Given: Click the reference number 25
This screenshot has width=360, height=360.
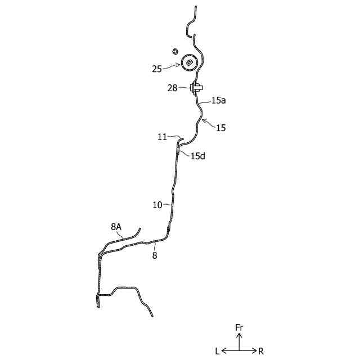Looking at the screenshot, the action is tap(157, 69).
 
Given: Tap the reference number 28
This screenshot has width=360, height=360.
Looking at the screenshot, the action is tap(172, 88).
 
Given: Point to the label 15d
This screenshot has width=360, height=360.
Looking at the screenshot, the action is tap(198, 156).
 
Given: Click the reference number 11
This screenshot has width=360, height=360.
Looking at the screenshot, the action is tap(163, 137).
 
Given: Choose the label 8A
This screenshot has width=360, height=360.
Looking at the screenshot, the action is tap(116, 227).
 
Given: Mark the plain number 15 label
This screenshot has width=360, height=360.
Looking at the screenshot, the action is tap(220, 128).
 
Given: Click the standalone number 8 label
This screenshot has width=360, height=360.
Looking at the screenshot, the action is tap(155, 255).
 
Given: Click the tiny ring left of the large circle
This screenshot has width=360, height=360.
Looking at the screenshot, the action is tap(174, 51).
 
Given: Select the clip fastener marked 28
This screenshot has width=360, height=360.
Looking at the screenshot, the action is tap(197, 88).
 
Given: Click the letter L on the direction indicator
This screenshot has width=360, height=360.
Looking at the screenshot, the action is tap(217, 351).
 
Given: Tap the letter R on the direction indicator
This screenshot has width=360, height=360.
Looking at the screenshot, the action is tap(261, 351).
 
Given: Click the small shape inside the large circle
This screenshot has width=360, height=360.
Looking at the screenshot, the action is tap(190, 61).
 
